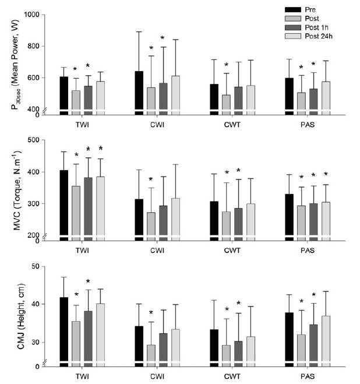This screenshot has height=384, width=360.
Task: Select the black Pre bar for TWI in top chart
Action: coord(64,93)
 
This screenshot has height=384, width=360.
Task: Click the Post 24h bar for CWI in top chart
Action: coord(175,93)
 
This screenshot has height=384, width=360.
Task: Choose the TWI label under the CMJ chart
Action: coord(82,377)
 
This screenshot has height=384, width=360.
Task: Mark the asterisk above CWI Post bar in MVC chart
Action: coord(151,179)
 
